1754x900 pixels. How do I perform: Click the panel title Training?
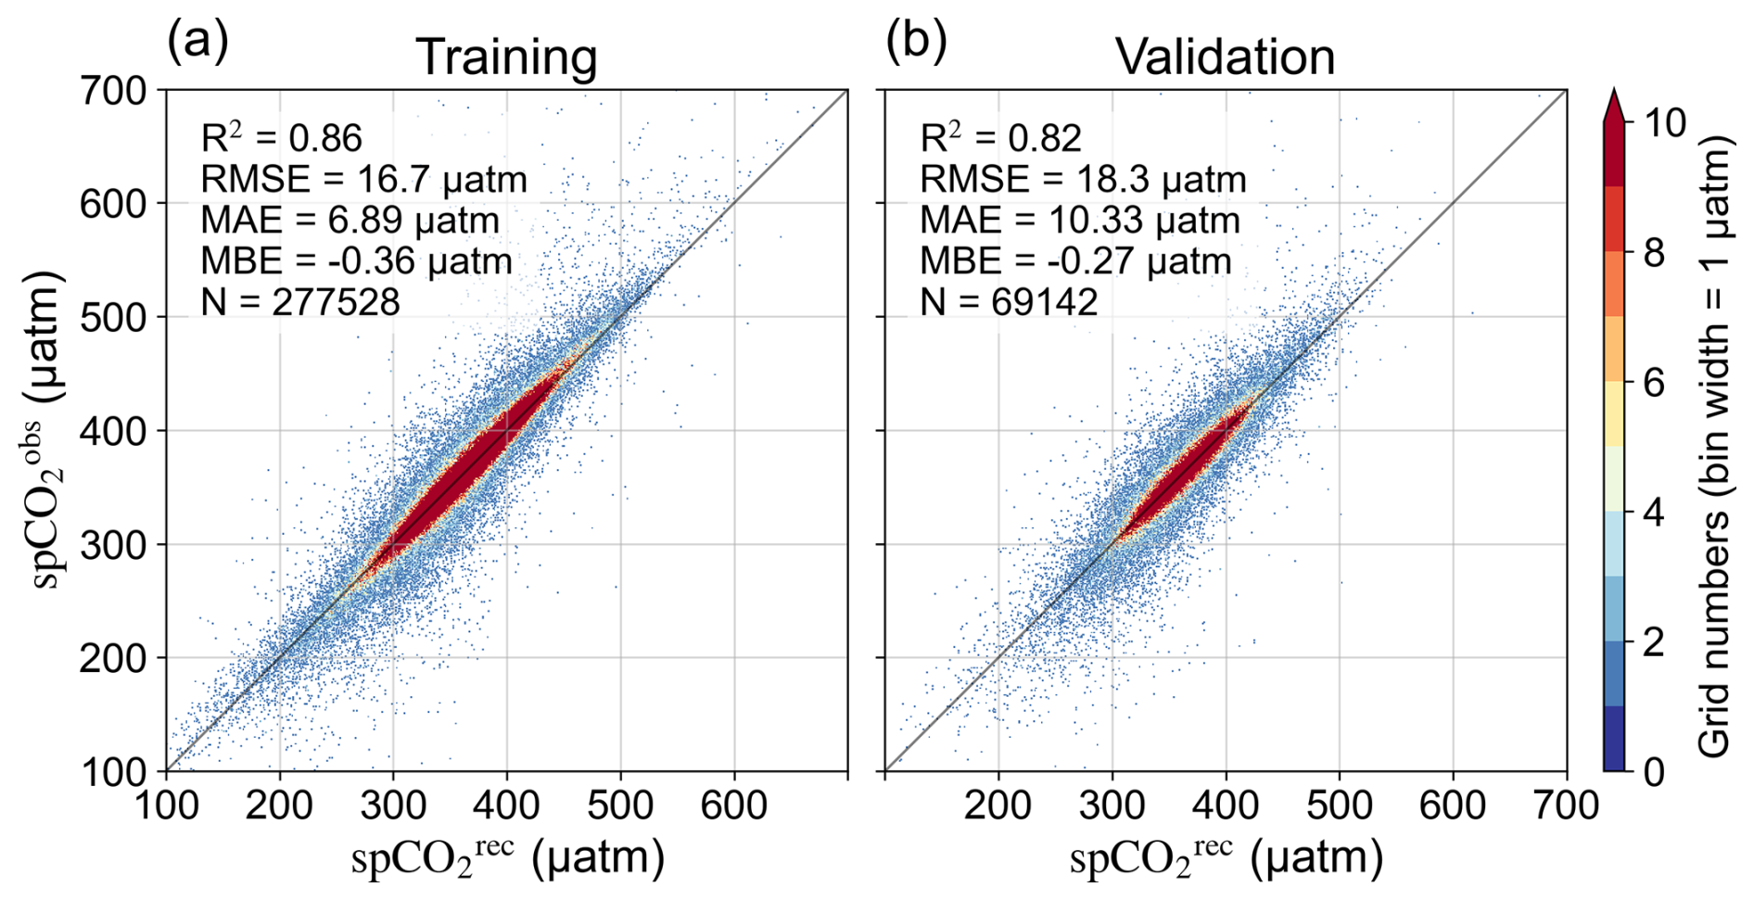505,57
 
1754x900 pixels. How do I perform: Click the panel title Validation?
1224,57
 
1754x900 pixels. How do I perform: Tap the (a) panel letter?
197,41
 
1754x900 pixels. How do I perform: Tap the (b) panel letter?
916,41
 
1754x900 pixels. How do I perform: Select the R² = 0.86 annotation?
281,139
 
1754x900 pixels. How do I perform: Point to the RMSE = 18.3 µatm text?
1082,180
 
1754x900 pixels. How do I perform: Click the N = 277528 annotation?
300,302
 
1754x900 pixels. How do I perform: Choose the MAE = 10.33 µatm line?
1079,221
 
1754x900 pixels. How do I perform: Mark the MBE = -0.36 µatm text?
356,261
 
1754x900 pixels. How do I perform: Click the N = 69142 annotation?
1008,302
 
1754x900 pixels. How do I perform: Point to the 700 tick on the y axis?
113,91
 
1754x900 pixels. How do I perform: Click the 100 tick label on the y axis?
113,771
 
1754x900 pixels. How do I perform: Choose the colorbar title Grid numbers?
1714,445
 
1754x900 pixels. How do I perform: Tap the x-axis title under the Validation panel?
1226,858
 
